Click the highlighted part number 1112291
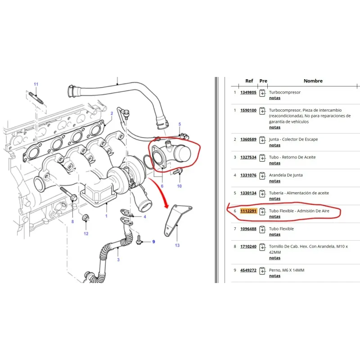[248, 211]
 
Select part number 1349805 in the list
[248, 92]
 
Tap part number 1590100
[248, 110]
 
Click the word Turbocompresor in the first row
[285, 92]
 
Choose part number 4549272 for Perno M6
[248, 270]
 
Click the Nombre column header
[313, 81]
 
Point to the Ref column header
[249, 81]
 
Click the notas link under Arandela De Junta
[274, 181]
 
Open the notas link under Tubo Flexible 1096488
[274, 234]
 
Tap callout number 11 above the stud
[36, 84]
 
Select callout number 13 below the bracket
[177, 245]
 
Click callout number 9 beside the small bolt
[153, 242]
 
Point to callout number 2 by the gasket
[112, 113]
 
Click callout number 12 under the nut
[86, 234]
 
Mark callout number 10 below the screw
[179, 186]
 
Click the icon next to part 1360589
[262, 139]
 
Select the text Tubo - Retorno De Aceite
[292, 157]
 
